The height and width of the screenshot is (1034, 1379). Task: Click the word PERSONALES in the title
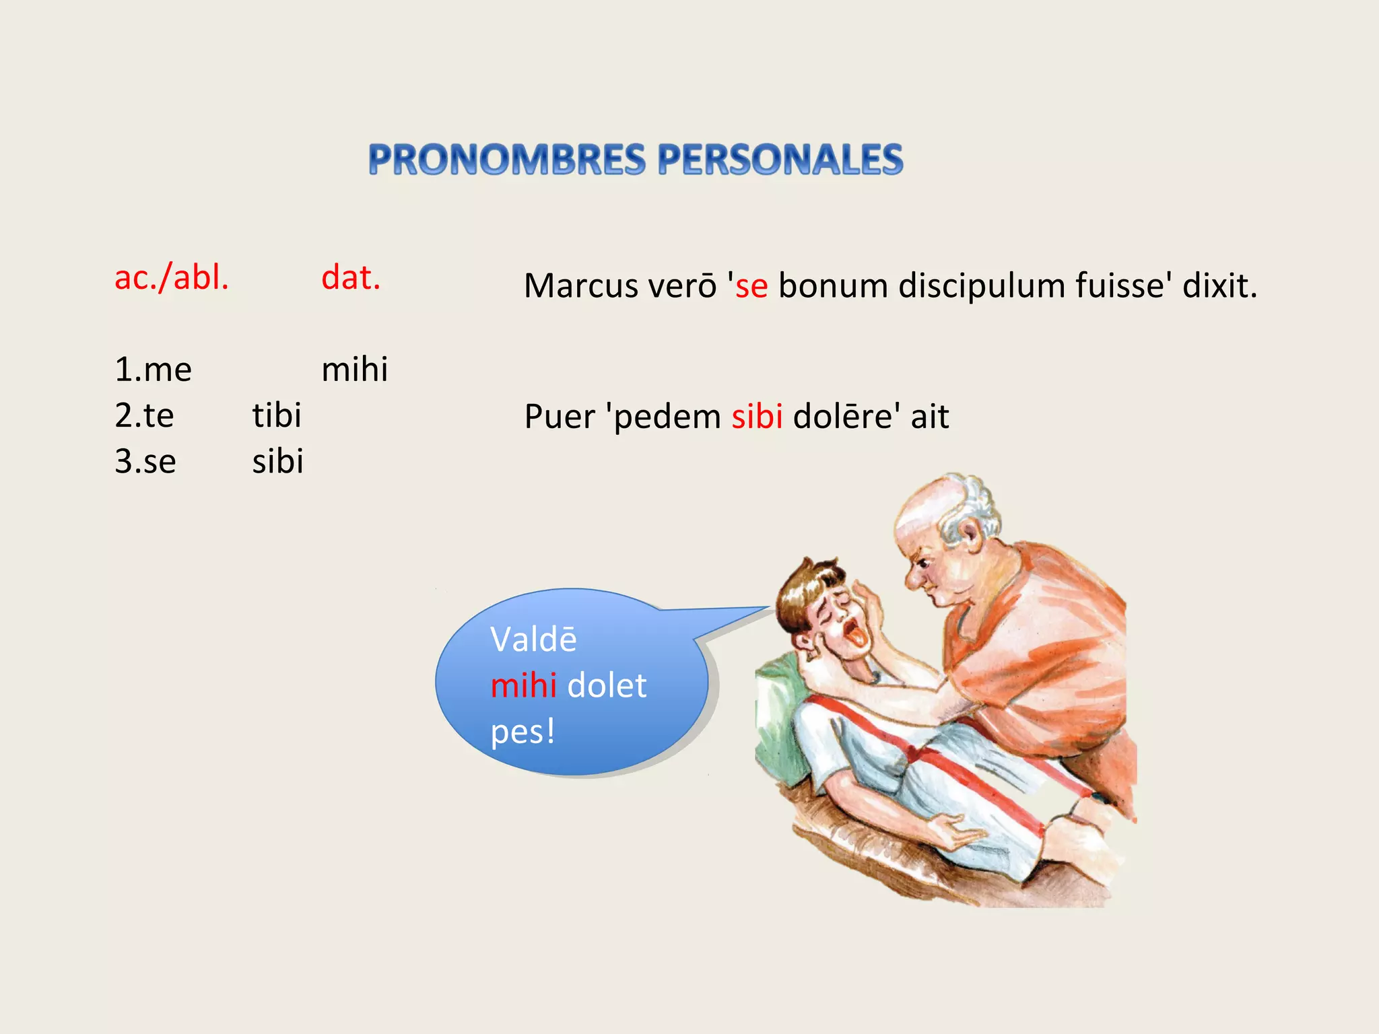pos(780,160)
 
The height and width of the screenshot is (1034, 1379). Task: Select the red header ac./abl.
pos(172,277)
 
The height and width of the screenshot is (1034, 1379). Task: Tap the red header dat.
pos(351,277)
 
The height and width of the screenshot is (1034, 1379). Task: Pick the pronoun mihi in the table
pos(355,370)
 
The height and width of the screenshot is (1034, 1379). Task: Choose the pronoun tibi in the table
pos(277,415)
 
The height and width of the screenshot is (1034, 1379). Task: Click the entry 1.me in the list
pos(154,370)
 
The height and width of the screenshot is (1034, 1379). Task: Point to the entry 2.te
pos(144,415)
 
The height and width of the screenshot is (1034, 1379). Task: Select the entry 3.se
pos(145,462)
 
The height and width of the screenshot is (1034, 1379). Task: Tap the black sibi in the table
pos(277,462)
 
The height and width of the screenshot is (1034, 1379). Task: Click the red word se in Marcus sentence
pos(751,286)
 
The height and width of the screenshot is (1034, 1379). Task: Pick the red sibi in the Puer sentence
pos(757,417)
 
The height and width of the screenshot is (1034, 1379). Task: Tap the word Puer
pos(560,417)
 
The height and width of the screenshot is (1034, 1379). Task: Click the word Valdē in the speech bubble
pos(533,640)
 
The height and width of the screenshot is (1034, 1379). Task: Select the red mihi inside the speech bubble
pos(523,685)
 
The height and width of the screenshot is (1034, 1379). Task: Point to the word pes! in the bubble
pos(523,731)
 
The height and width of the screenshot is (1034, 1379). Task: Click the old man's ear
pos(971,535)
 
